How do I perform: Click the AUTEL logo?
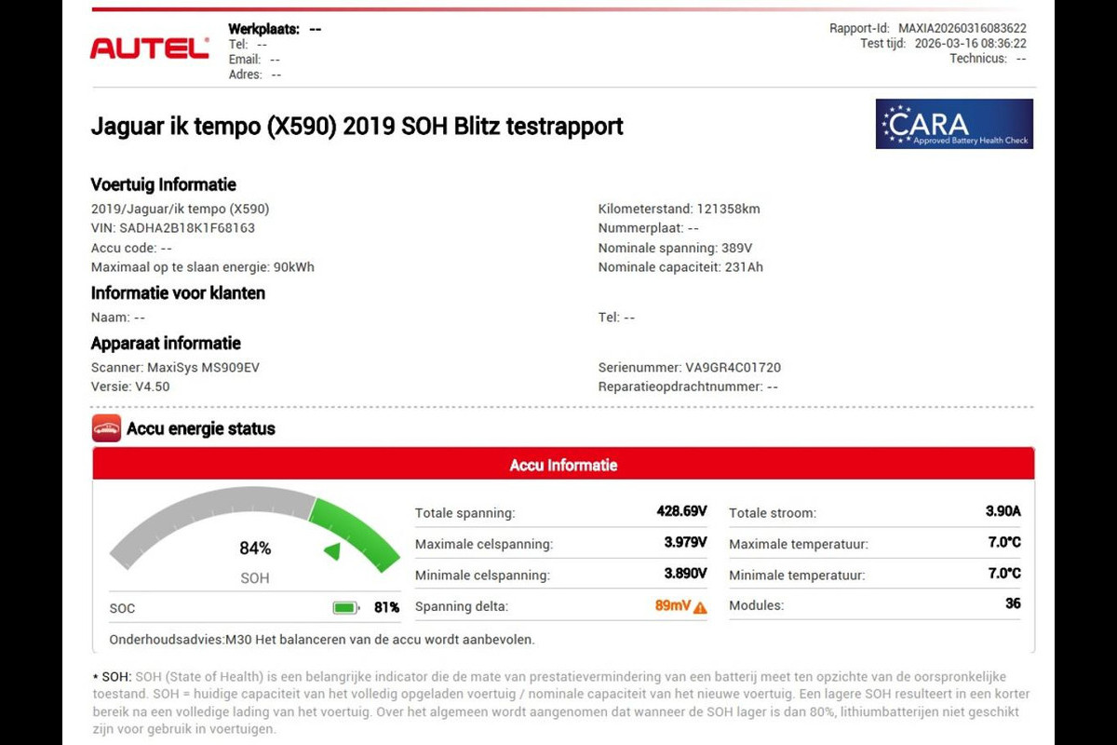(x=149, y=48)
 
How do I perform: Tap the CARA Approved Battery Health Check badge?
(x=954, y=124)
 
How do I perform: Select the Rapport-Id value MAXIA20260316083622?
(x=962, y=29)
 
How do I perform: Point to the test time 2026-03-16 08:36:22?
(x=970, y=44)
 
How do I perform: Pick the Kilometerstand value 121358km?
(x=729, y=209)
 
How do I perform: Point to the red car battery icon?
(x=106, y=428)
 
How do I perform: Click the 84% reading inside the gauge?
(x=255, y=549)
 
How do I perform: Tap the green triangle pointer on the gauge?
(x=332, y=552)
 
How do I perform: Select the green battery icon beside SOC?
(x=346, y=608)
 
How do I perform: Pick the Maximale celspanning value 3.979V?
(x=685, y=542)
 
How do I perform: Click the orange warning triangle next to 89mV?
(x=700, y=607)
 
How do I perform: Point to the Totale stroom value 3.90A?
(x=1003, y=511)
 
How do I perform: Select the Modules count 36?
(x=1013, y=603)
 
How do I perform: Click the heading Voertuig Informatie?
(x=164, y=184)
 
